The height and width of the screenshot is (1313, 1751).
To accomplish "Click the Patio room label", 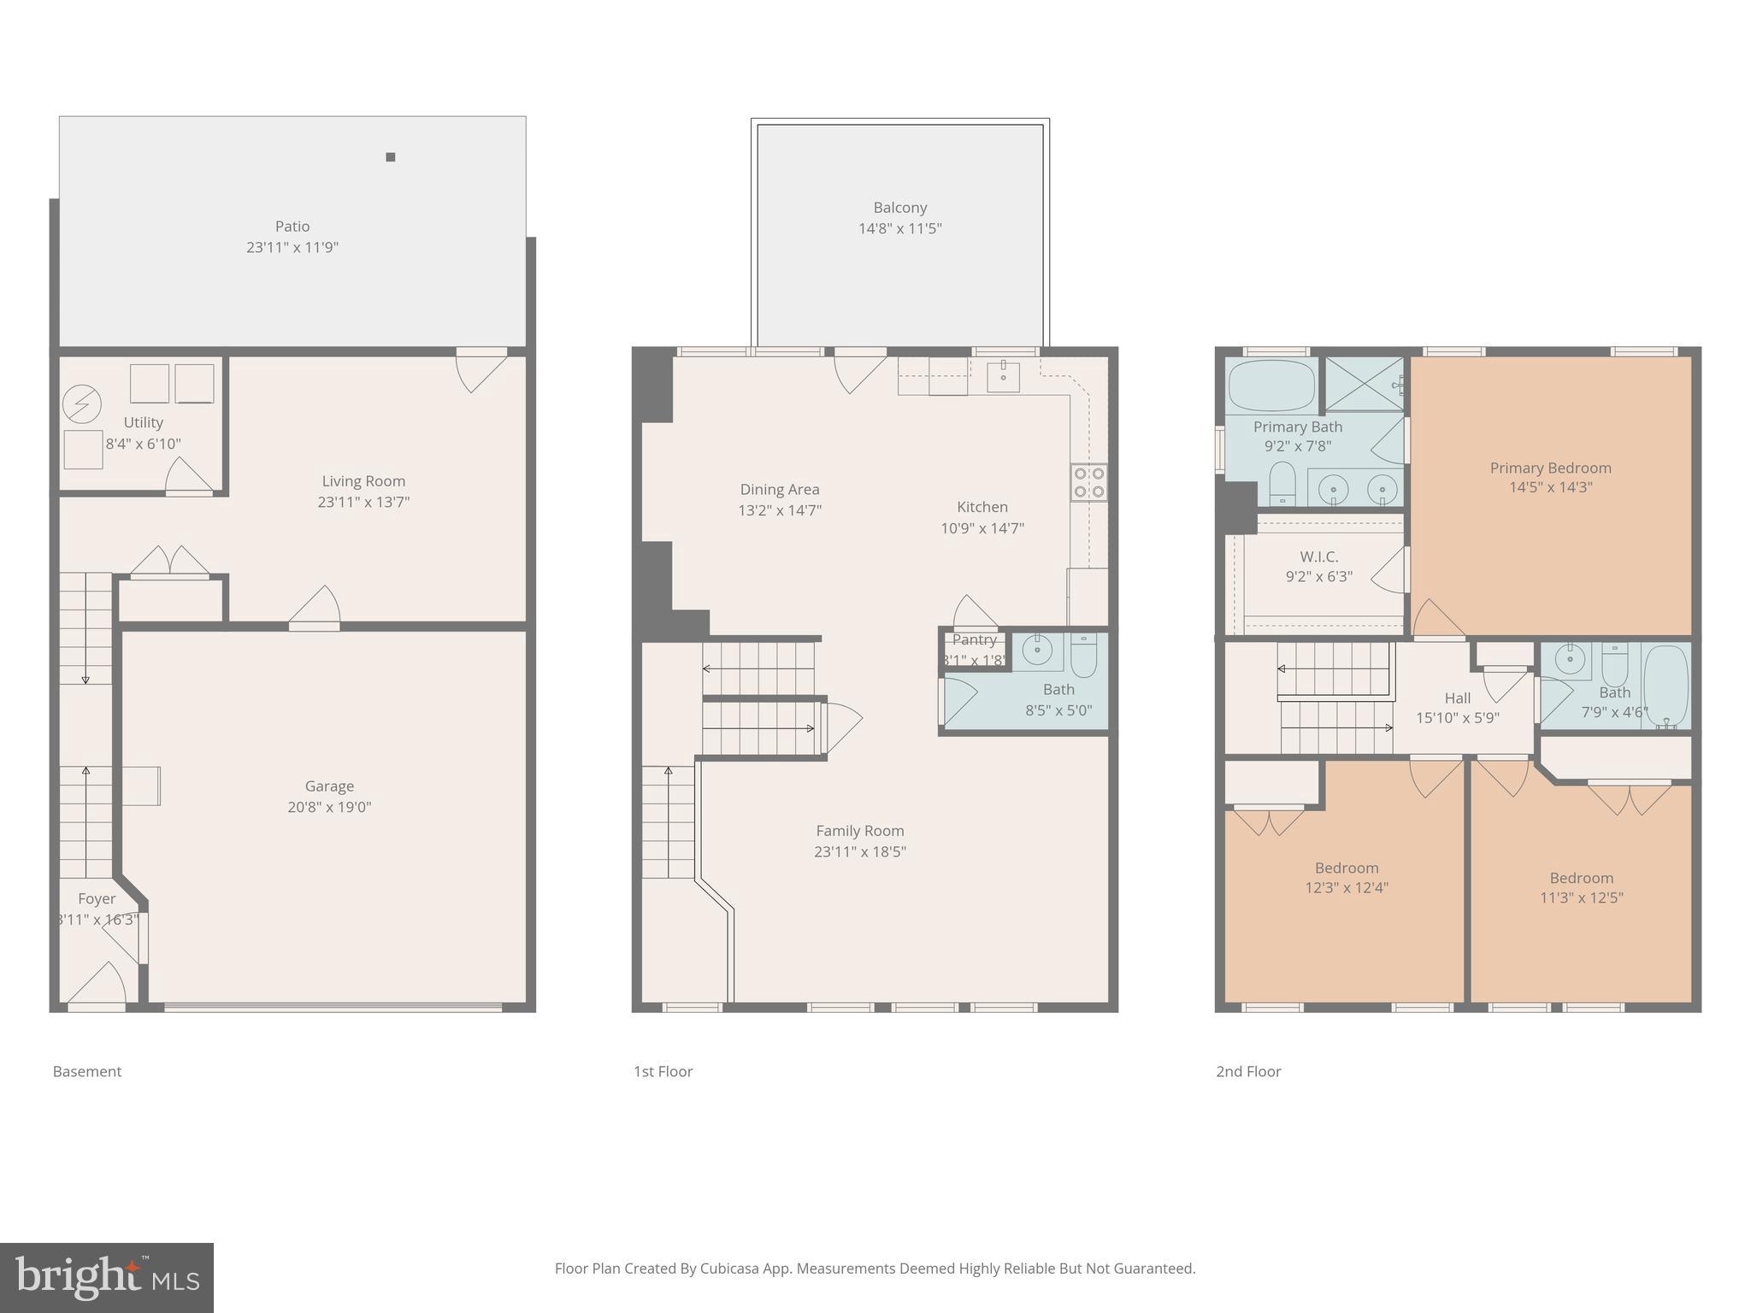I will pyautogui.click(x=292, y=227).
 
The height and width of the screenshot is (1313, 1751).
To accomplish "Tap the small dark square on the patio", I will pyautogui.click(x=391, y=157).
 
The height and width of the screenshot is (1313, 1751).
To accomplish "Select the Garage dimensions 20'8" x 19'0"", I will pyautogui.click(x=329, y=807).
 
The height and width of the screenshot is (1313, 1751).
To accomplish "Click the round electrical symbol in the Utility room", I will pyautogui.click(x=82, y=404).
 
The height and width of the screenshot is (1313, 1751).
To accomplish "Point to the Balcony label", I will pyautogui.click(x=899, y=208).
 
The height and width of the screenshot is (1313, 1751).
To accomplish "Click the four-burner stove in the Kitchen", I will pyautogui.click(x=1088, y=482).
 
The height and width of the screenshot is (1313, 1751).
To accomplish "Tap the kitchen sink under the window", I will pyautogui.click(x=1003, y=376).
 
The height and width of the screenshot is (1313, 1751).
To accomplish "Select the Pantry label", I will pyautogui.click(x=974, y=639).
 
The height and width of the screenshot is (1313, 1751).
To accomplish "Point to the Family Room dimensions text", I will pyautogui.click(x=859, y=851).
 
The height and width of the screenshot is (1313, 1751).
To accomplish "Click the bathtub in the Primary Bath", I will pyautogui.click(x=1271, y=386).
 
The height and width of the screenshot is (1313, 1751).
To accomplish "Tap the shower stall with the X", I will pyautogui.click(x=1363, y=384).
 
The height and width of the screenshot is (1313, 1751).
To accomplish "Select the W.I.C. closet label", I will pyautogui.click(x=1318, y=556).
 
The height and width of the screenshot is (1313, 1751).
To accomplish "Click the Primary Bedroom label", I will pyautogui.click(x=1550, y=468).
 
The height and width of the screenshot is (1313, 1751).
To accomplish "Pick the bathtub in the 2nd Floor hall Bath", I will pyautogui.click(x=1666, y=686).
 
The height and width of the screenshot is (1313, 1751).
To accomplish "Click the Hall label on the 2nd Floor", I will pyautogui.click(x=1457, y=698).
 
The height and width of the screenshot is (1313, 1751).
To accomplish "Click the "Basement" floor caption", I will pyautogui.click(x=87, y=1071).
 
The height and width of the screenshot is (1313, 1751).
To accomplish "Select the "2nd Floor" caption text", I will pyautogui.click(x=1248, y=1071).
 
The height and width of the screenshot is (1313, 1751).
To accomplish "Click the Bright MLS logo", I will pyautogui.click(x=107, y=1277).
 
